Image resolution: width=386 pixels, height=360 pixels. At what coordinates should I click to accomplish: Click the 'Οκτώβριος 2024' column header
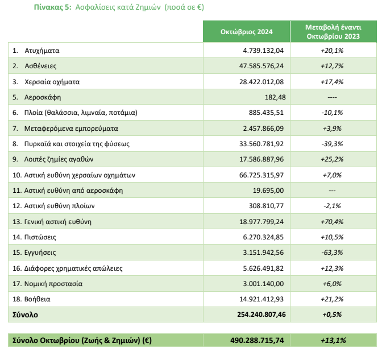[246, 32]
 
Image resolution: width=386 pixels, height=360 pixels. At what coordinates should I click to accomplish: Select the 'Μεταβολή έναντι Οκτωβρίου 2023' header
[333, 32]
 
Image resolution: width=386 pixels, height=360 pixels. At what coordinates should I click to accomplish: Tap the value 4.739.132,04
[263, 51]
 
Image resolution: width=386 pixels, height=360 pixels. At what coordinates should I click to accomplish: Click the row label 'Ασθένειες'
[40, 66]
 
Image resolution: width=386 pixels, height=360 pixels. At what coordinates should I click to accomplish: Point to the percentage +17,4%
[332, 82]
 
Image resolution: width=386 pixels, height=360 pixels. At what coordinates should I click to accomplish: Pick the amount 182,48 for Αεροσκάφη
[275, 97]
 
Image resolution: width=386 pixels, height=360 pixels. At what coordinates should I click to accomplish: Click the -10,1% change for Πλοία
[332, 113]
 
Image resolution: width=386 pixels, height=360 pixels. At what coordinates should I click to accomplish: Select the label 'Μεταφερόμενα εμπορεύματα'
[71, 129]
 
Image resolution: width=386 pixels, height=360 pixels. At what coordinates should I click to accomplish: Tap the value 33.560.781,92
[262, 144]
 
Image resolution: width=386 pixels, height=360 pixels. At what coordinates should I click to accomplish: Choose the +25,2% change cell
[332, 159]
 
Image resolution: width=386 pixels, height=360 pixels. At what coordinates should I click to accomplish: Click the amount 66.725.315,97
[262, 175]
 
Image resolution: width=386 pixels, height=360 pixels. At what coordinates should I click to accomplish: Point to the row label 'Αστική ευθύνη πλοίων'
[59, 206]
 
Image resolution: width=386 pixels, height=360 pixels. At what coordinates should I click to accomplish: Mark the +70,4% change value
[332, 222]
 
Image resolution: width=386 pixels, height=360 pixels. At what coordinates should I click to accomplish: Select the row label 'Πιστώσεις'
[40, 237]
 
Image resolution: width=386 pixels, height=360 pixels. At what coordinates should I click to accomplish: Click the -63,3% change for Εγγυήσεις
[332, 253]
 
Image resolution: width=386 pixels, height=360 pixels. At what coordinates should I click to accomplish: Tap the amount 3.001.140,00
[263, 284]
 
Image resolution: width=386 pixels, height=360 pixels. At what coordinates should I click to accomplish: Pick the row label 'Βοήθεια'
[37, 299]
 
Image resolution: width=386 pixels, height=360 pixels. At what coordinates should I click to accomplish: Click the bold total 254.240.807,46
[262, 315]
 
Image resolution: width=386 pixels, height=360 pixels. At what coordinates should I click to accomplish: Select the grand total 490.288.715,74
[257, 340]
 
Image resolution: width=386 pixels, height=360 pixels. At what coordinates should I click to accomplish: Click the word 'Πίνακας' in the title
[49, 7]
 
